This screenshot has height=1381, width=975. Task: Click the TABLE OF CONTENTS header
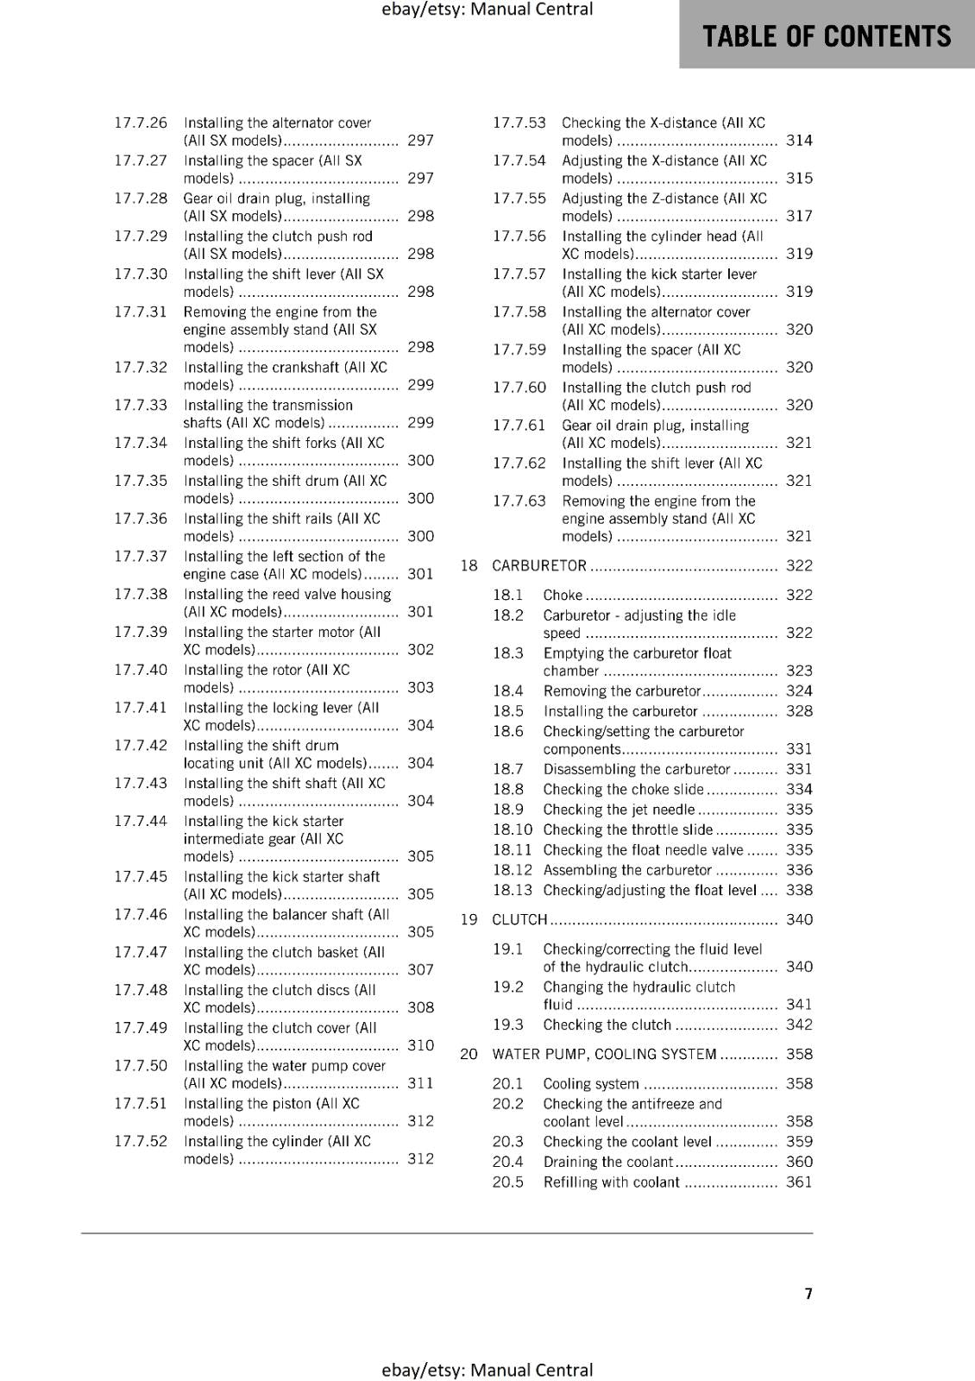[x=827, y=36]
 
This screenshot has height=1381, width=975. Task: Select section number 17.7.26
[x=141, y=123]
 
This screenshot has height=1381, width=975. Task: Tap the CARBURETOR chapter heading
[x=539, y=566]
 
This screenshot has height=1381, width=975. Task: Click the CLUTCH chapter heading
[x=519, y=920]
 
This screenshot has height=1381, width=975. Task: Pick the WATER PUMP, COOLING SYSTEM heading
[x=604, y=1055]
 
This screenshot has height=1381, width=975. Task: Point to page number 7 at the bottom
[x=808, y=1294]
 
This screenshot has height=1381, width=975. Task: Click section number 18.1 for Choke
[x=508, y=596]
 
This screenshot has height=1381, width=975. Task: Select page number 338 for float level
[x=799, y=891]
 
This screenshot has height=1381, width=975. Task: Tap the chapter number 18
[x=469, y=566]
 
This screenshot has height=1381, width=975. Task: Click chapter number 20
[x=469, y=1055]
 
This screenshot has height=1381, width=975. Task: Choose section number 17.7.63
[x=519, y=501]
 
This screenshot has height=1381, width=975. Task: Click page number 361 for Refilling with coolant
[x=799, y=1182]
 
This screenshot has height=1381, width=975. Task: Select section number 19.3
[x=508, y=1025]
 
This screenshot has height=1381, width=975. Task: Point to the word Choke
[x=563, y=596]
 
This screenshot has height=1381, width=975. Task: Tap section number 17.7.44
[x=141, y=822]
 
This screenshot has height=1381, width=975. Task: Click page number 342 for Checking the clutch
[x=799, y=1025]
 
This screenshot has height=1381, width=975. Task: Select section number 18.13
[x=513, y=891]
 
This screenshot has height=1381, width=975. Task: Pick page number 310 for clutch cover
[x=421, y=1046]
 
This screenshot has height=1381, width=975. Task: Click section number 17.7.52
[x=141, y=1142]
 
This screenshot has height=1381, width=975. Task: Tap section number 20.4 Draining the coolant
[x=508, y=1163]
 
